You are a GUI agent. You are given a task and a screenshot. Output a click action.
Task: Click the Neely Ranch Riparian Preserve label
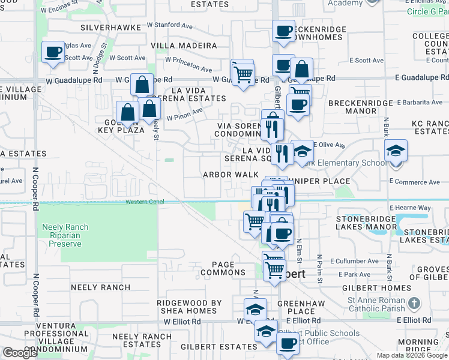pyautogui.click(x=65, y=235)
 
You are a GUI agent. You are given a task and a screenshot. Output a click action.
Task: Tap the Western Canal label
pyautogui.click(x=145, y=202)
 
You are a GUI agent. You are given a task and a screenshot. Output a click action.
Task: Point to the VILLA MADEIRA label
pyautogui.click(x=184, y=46)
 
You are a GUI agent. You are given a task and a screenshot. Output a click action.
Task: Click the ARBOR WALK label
pyautogui.click(x=230, y=175)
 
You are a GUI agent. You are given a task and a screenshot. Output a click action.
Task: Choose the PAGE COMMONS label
pyautogui.click(x=223, y=268)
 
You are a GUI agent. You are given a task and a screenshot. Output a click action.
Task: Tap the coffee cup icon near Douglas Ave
pyautogui.click(x=53, y=52)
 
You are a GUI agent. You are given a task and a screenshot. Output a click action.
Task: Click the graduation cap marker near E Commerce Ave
pyautogui.click(x=396, y=150)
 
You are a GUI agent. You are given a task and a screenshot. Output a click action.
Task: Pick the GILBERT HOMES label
pyautogui.click(x=387, y=288)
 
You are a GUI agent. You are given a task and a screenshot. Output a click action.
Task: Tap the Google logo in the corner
pyautogui.click(x=20, y=353)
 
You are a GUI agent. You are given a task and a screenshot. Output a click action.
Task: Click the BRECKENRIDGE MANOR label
pyautogui.click(x=360, y=107)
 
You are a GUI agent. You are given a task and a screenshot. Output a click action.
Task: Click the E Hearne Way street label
pyautogui.click(x=410, y=208)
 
